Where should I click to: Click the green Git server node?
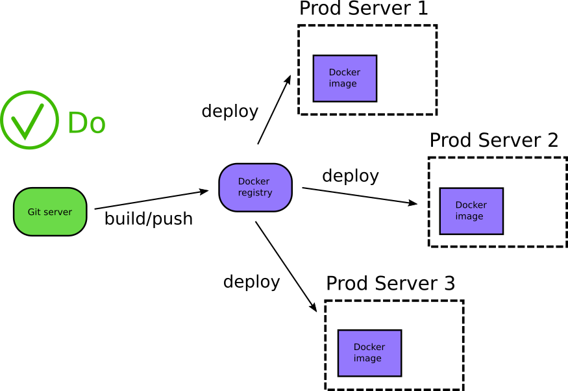click(50, 212)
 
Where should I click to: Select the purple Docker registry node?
click(255, 187)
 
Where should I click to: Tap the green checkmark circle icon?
click(30, 120)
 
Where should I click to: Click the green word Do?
click(86, 123)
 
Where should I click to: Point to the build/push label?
click(149, 219)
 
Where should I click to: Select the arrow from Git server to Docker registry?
click(151, 200)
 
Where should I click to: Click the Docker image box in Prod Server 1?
click(345, 79)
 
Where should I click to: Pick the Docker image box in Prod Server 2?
click(471, 211)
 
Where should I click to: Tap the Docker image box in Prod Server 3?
click(369, 353)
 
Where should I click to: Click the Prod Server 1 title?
click(364, 9)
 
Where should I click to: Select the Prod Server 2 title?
click(494, 140)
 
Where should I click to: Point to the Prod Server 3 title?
click(390, 283)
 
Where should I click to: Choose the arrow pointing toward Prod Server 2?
click(359, 196)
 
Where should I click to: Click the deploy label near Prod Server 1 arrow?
click(230, 111)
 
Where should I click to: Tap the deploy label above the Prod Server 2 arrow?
click(351, 175)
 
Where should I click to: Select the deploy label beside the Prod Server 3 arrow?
click(251, 282)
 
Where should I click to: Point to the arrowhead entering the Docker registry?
click(204, 191)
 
